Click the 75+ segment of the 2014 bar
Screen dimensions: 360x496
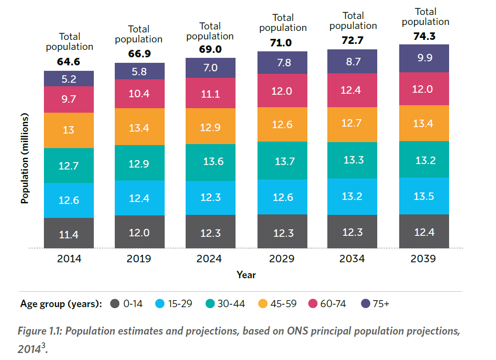[x=69, y=78]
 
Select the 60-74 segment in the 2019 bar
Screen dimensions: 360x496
[x=140, y=94]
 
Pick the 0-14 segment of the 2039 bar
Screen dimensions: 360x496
[x=424, y=231]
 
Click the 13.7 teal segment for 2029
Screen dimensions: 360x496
[x=282, y=161]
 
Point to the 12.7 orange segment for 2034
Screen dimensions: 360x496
[x=352, y=124]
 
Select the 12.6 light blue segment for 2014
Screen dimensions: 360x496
[x=69, y=200]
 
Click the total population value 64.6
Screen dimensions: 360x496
[x=69, y=62]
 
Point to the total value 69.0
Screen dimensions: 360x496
[x=210, y=50]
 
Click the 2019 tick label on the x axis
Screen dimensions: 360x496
[x=139, y=259]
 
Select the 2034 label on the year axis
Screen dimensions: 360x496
[x=352, y=259]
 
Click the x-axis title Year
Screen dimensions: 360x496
[x=246, y=275]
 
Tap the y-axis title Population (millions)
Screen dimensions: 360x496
[x=24, y=158]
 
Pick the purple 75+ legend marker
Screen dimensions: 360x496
[x=365, y=304]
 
